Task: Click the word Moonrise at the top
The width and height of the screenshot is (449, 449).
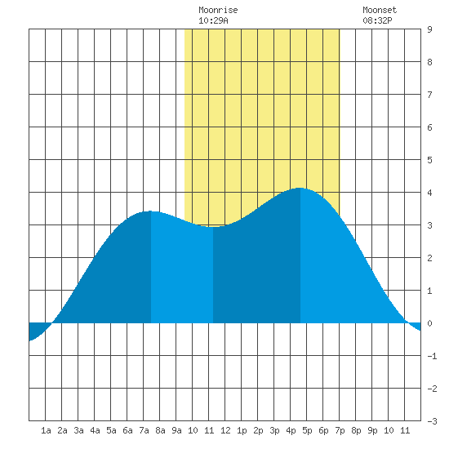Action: click(218, 10)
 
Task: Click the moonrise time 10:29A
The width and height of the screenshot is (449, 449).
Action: click(213, 20)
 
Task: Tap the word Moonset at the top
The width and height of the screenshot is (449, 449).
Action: click(380, 10)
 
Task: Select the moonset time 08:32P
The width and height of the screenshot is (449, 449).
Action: click(377, 20)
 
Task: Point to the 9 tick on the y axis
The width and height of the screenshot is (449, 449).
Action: click(429, 29)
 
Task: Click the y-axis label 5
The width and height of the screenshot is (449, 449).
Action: click(429, 160)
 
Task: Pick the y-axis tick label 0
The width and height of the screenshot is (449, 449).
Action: click(429, 323)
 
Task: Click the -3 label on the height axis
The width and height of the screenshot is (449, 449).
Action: click(432, 421)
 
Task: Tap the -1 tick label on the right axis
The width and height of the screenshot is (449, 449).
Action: click(432, 356)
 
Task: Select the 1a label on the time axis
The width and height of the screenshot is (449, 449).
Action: click(46, 430)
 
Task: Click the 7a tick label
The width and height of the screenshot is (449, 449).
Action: click(144, 430)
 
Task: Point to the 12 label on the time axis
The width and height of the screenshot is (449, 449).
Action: click(225, 430)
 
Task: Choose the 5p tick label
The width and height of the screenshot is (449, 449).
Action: click(307, 430)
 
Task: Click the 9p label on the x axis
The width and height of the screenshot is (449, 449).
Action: click(372, 430)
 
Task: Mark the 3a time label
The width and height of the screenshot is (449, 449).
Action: click(78, 430)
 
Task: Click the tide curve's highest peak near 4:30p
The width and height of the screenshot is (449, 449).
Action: click(300, 188)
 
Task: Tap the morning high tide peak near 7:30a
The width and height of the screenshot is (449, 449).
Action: click(151, 211)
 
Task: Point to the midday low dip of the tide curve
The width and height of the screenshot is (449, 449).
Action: click(213, 227)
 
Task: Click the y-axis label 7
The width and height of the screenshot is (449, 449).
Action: click(429, 95)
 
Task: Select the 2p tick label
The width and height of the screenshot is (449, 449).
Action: click(258, 430)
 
